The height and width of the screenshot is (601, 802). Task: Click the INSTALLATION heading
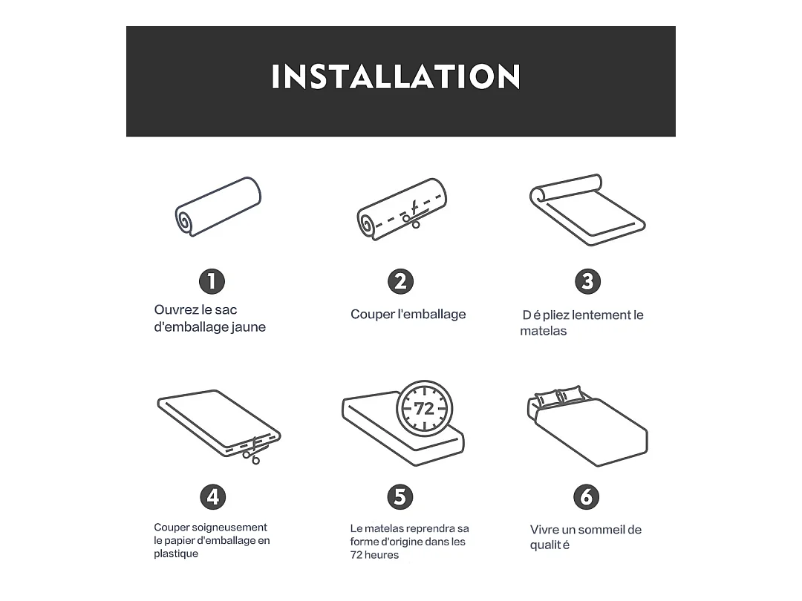pyautogui.click(x=395, y=76)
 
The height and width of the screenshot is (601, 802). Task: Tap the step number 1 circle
pyautogui.click(x=212, y=281)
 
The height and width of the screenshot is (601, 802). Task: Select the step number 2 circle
pyautogui.click(x=400, y=281)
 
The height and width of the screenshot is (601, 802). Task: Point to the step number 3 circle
pyautogui.click(x=587, y=281)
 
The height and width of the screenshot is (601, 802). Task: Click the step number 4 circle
pyautogui.click(x=213, y=496)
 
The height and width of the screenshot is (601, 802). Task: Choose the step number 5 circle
pyautogui.click(x=400, y=496)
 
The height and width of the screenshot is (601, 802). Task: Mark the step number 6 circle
pyautogui.click(x=586, y=496)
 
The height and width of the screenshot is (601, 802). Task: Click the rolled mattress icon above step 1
pyautogui.click(x=218, y=206)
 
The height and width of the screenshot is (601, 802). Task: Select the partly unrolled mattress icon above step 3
pyautogui.click(x=587, y=210)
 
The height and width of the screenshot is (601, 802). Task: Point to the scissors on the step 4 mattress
pyautogui.click(x=252, y=451)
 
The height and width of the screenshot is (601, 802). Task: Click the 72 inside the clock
pyautogui.click(x=424, y=409)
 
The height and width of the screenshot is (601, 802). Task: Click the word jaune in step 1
pyautogui.click(x=249, y=327)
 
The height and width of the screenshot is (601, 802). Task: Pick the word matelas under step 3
pyautogui.click(x=543, y=331)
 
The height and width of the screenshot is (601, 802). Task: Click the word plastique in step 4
pyautogui.click(x=176, y=554)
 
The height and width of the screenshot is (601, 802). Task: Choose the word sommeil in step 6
pyautogui.click(x=601, y=530)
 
